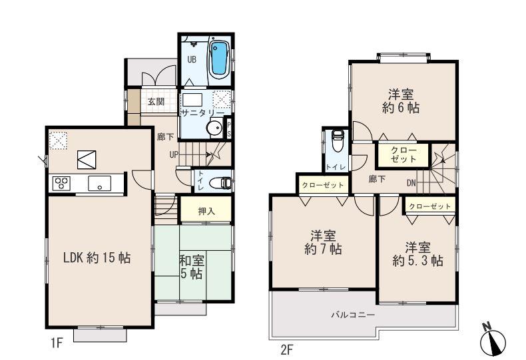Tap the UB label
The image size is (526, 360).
pos(191,59)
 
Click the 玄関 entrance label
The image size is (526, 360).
pos(156,102)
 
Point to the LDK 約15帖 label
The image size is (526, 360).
pos(97,258)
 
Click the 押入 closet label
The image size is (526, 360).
pos(206,211)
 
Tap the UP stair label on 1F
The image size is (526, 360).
pos(172,155)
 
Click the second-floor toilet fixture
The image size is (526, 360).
pos(338,142)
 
